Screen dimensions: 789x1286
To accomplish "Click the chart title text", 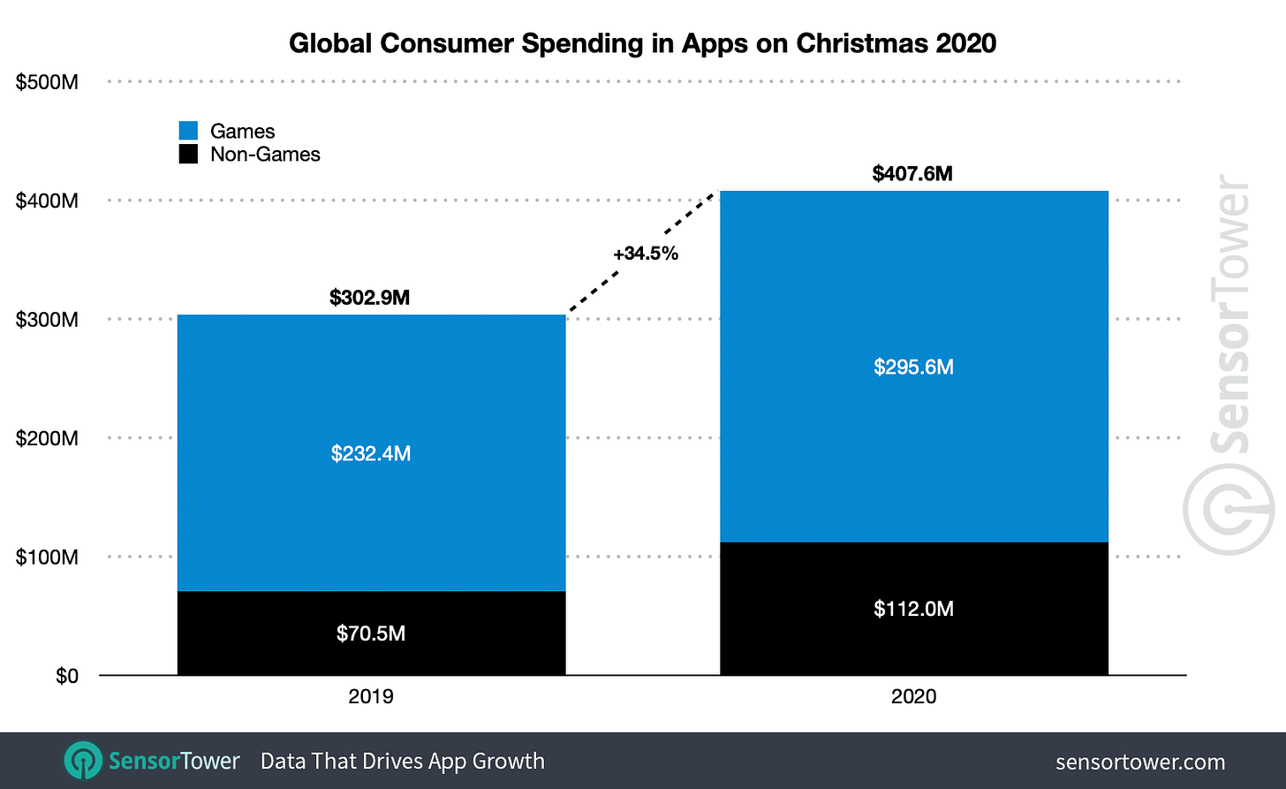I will point(642,42).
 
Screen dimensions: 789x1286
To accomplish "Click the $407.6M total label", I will point(912,173).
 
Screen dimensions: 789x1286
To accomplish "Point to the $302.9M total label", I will point(369,298).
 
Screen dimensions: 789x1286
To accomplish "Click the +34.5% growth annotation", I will point(646,254).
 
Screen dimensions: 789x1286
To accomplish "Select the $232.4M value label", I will point(370,453).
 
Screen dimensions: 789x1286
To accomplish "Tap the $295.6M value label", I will point(913,367).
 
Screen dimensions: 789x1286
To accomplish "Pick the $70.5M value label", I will point(370,633).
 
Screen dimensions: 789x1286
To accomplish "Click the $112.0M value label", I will point(913,609).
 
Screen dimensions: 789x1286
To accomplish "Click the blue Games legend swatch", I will point(188,131).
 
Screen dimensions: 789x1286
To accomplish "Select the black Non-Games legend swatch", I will point(188,155).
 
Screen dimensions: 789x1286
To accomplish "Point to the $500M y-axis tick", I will point(47,82).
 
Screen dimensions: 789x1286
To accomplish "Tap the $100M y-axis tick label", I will point(47,558).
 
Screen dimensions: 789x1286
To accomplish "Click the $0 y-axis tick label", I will point(66,676).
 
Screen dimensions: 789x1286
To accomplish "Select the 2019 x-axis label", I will point(371,696).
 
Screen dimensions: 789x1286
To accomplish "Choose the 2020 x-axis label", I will point(913,696).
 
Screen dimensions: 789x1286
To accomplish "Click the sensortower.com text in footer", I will point(1139,762).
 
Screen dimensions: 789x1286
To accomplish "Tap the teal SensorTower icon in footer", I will point(82,761).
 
